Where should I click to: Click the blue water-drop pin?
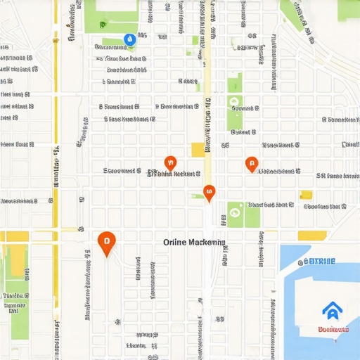[129, 40]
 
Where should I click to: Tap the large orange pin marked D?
[106, 243]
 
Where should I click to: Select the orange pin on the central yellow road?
[209, 192]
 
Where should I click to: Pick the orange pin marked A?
[252, 164]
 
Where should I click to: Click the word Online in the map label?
[176, 242]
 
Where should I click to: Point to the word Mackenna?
[207, 242]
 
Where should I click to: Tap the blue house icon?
[330, 309]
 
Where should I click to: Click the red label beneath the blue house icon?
[333, 328]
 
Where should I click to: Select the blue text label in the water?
[321, 262]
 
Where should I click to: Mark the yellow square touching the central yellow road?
[198, 149]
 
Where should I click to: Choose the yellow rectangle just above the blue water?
[311, 236]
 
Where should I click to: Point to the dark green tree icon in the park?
[235, 209]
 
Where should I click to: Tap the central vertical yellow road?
[207, 105]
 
